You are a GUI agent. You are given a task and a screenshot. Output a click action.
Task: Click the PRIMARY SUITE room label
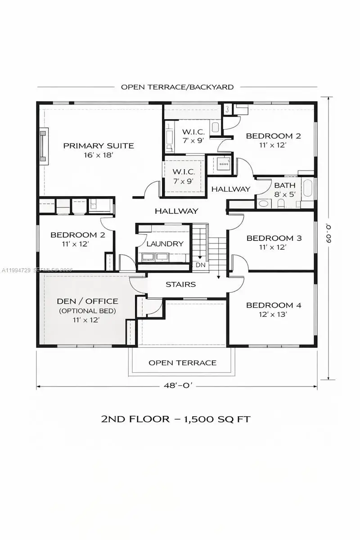(98, 145)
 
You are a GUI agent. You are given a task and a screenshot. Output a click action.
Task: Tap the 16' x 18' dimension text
(98, 155)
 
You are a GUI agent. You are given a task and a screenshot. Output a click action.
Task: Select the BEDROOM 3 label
(274, 238)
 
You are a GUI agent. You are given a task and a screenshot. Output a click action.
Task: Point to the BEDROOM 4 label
(274, 305)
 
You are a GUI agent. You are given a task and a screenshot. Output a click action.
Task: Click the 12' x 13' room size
(274, 315)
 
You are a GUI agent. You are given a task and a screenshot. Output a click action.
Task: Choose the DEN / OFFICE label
(88, 301)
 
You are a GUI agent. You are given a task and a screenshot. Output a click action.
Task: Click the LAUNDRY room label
(165, 243)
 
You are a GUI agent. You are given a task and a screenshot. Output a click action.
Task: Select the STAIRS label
(180, 284)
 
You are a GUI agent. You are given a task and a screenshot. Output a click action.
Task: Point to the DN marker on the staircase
(200, 265)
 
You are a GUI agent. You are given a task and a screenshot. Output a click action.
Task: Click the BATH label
(285, 185)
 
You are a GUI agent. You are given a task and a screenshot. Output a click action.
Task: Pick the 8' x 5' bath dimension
(285, 194)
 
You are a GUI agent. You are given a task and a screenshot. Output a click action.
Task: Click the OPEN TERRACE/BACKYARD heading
(177, 87)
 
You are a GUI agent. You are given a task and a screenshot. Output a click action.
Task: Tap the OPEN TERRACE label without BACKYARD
(182, 363)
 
